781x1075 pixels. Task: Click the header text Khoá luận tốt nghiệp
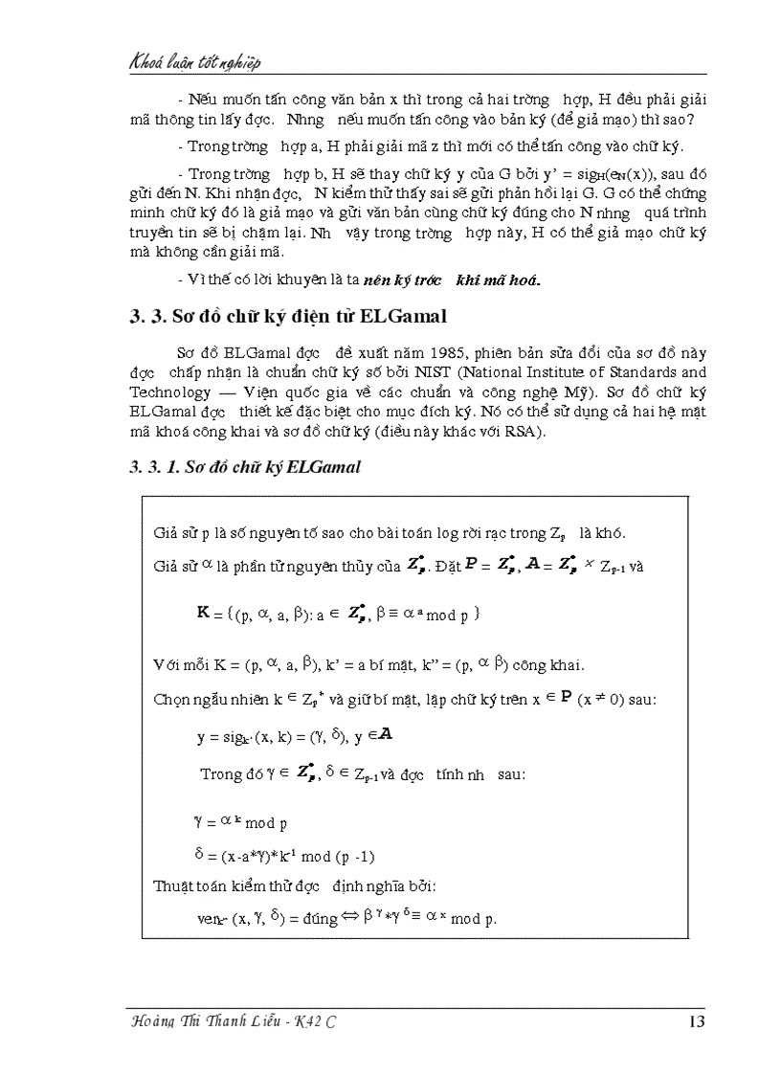click(195, 62)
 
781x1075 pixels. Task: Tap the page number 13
click(696, 1021)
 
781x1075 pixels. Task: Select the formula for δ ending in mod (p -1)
click(291, 854)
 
